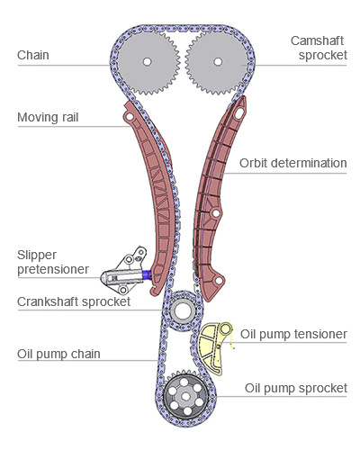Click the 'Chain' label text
(33, 55)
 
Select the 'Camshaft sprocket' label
(319, 48)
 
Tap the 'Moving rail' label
(48, 117)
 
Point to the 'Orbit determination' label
(293, 163)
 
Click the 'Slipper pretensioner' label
(53, 262)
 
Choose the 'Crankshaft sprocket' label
(74, 301)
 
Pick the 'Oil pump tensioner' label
(293, 334)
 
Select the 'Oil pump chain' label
(58, 354)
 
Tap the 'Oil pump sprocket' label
(296, 388)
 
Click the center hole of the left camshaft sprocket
(147, 62)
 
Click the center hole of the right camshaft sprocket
(218, 62)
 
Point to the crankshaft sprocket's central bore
(183, 310)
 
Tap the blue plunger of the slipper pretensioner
(147, 274)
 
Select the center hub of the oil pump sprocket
(185, 397)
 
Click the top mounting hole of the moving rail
(130, 116)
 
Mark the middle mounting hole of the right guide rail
(216, 213)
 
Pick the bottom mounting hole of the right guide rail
(220, 281)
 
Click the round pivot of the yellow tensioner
(226, 329)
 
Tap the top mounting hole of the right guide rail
(239, 113)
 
